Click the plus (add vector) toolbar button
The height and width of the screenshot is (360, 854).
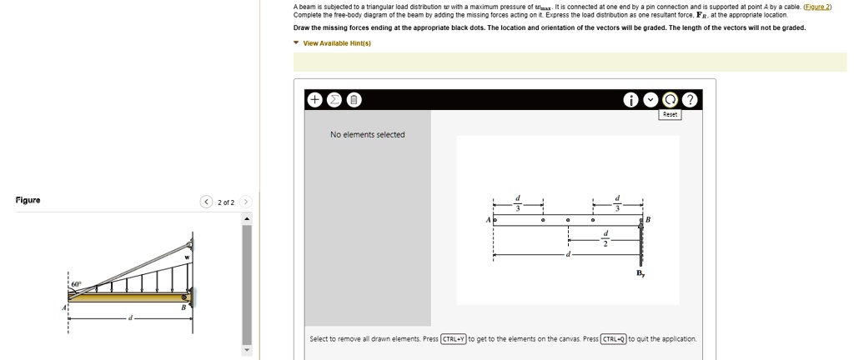click(x=315, y=100)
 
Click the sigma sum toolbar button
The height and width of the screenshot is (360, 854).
click(x=334, y=100)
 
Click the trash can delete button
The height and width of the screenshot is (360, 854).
click(x=353, y=100)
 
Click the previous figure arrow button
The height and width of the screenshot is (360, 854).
click(x=205, y=202)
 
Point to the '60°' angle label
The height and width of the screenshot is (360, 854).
click(x=76, y=284)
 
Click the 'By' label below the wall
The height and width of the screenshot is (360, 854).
click(x=640, y=272)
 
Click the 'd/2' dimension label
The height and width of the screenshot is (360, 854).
click(x=606, y=238)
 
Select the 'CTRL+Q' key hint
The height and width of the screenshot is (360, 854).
click(x=614, y=339)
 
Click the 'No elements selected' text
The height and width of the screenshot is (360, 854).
click(x=368, y=135)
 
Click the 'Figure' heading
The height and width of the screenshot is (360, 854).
click(x=28, y=201)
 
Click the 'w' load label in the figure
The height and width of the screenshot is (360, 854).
click(x=187, y=258)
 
